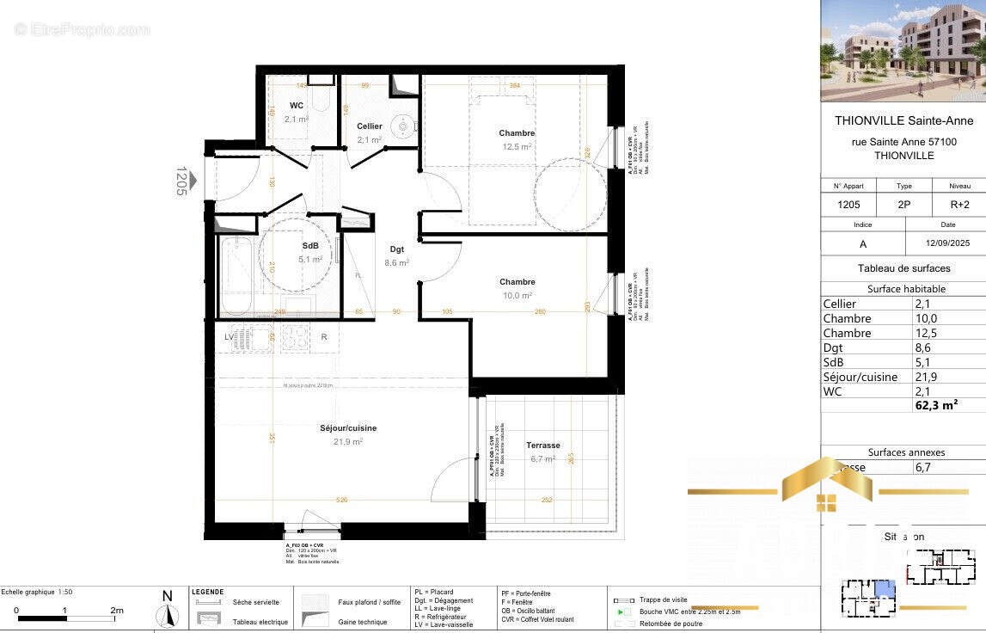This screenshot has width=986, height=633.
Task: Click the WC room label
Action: click(x=297, y=106)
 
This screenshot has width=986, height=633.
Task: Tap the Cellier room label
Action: click(x=370, y=126)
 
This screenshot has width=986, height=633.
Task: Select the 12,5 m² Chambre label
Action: click(x=517, y=133)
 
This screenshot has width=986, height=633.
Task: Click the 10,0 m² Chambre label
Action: click(x=517, y=282)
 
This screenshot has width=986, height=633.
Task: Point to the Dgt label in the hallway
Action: click(x=396, y=249)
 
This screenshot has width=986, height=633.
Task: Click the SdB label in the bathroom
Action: click(x=309, y=246)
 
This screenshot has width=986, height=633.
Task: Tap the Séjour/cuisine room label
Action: click(x=348, y=428)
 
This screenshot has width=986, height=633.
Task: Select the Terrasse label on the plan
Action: click(x=543, y=446)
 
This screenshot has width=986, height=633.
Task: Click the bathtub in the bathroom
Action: click(x=235, y=275)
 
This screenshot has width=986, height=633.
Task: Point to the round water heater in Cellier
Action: click(x=402, y=127)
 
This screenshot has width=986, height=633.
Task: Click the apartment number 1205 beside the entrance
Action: click(x=181, y=181)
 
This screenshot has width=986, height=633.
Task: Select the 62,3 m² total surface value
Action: click(x=936, y=405)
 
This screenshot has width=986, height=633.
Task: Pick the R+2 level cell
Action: click(x=959, y=206)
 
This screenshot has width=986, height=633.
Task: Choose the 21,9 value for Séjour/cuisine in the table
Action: click(x=923, y=377)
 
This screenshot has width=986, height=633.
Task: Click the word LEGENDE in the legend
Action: click(x=207, y=592)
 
